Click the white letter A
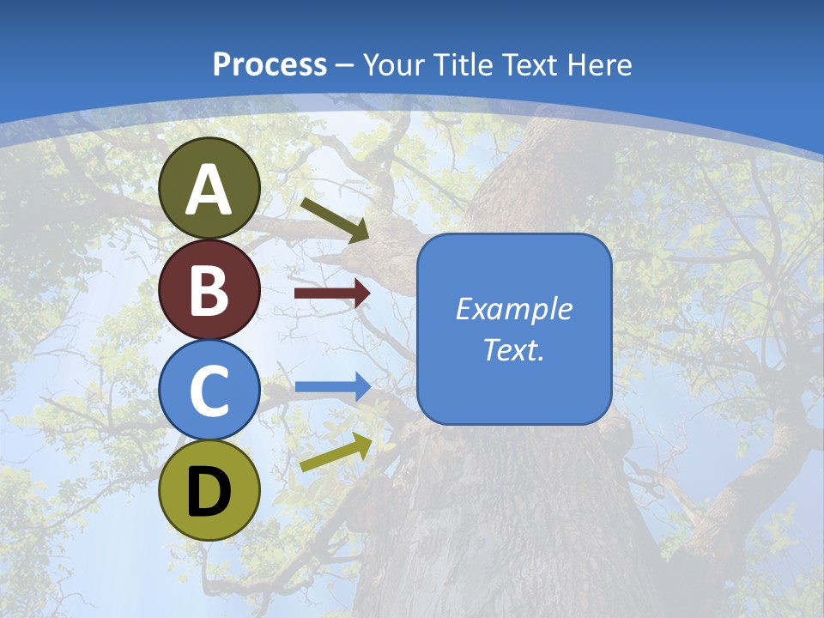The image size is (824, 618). [x=209, y=191]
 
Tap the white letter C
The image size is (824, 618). [x=209, y=391]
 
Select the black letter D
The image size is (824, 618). [x=209, y=492]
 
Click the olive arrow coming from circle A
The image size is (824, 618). [x=335, y=220]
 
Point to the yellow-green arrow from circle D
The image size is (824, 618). [x=336, y=452]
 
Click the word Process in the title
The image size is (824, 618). [x=270, y=65]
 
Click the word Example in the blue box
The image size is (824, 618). [x=513, y=310]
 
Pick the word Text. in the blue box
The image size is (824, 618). [x=513, y=349]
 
